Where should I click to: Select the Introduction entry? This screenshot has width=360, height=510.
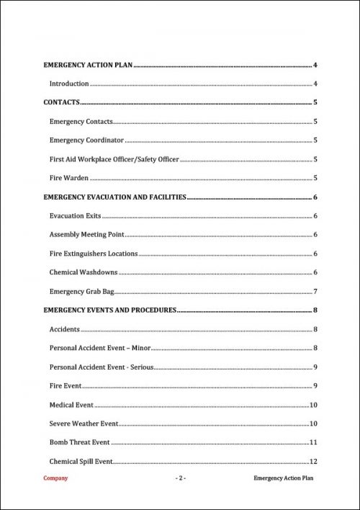pyautogui.click(x=69, y=84)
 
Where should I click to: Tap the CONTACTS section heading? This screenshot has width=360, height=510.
pyautogui.click(x=61, y=103)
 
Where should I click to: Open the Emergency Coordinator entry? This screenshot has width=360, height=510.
pyautogui.click(x=86, y=140)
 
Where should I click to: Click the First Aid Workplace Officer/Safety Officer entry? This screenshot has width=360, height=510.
pyautogui.click(x=114, y=159)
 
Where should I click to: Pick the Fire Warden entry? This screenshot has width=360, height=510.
pyautogui.click(x=69, y=178)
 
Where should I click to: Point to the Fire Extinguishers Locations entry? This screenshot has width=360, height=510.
pyautogui.click(x=94, y=254)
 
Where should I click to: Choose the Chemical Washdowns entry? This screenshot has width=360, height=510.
pyautogui.click(x=84, y=272)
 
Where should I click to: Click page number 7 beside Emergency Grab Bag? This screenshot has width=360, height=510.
pyautogui.click(x=315, y=291)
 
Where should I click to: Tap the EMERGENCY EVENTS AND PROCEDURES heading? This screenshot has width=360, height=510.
pyautogui.click(x=110, y=310)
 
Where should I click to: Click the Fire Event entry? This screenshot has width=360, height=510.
pyautogui.click(x=66, y=386)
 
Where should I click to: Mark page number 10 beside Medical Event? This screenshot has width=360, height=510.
pyautogui.click(x=314, y=405)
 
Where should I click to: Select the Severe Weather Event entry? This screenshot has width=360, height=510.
pyautogui.click(x=84, y=424)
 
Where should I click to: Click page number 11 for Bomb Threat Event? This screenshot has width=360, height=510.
pyautogui.click(x=314, y=442)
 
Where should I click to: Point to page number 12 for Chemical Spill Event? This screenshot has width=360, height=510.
pyautogui.click(x=314, y=461)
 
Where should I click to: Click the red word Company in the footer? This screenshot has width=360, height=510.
pyautogui.click(x=56, y=478)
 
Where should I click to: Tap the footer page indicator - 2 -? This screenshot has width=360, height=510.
pyautogui.click(x=180, y=478)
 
